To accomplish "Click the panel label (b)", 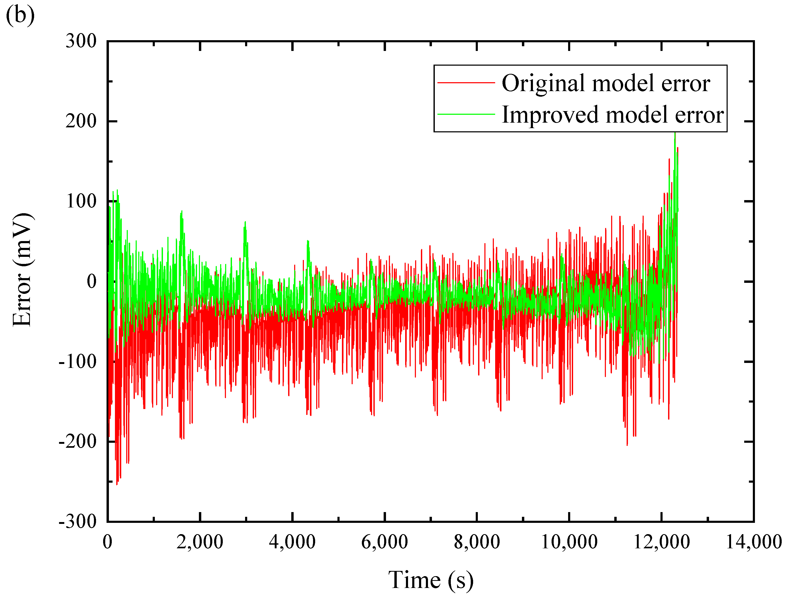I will [x=20, y=15].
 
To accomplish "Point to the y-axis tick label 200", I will [x=81, y=121].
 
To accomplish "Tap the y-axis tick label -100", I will [x=78, y=362].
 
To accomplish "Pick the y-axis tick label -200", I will [x=78, y=442].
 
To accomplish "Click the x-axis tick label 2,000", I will [x=200, y=542].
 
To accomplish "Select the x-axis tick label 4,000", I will [x=292, y=542].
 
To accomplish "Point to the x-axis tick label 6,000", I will [x=384, y=542].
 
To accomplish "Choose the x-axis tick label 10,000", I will [x=569, y=542].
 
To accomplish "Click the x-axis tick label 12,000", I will [x=662, y=542].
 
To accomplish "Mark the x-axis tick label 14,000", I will [x=754, y=542].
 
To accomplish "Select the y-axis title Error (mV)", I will [x=22, y=270].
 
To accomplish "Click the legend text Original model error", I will [x=606, y=84].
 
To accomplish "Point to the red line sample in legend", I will [x=466, y=82].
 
